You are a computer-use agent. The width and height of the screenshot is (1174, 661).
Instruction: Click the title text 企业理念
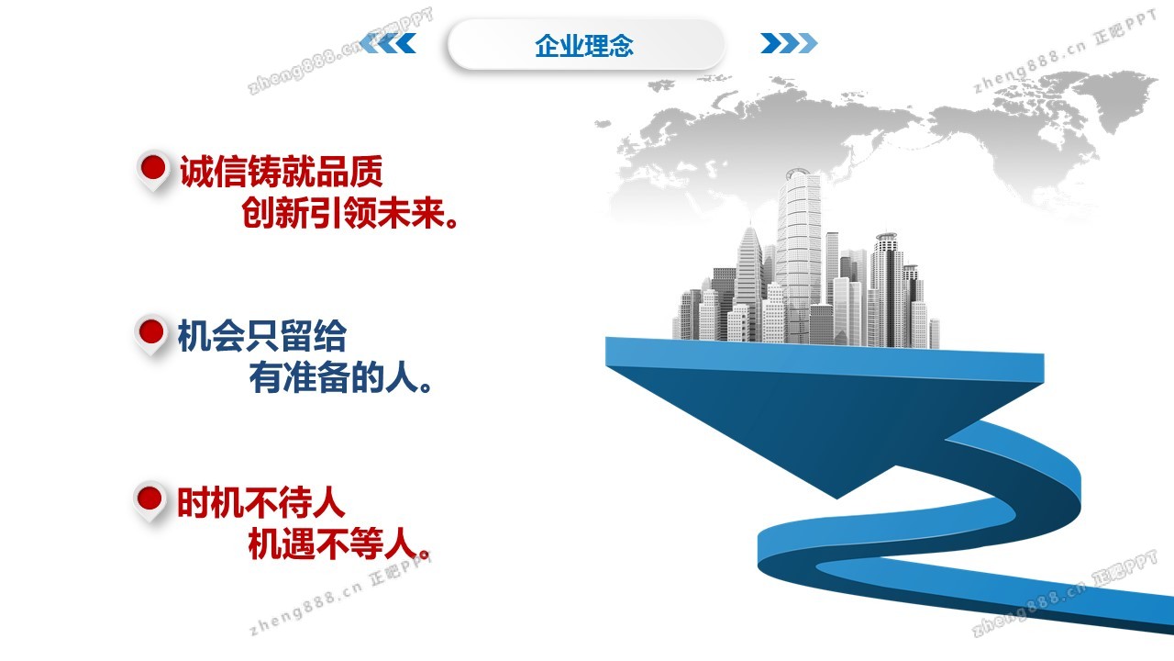tap(584, 46)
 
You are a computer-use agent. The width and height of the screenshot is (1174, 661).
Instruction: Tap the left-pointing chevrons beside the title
tap(388, 43)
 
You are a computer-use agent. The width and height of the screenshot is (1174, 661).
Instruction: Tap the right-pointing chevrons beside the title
tap(789, 43)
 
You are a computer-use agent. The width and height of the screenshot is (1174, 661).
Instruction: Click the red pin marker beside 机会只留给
tap(151, 334)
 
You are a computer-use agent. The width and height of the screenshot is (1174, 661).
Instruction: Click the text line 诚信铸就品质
tap(282, 171)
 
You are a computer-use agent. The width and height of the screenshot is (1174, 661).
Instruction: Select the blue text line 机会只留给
tap(262, 336)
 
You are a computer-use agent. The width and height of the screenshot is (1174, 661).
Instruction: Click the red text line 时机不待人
tap(261, 502)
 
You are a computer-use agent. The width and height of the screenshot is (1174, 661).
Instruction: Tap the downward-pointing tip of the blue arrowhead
tap(837, 498)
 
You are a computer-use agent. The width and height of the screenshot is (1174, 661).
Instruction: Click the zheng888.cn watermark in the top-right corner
tap(1065, 51)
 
